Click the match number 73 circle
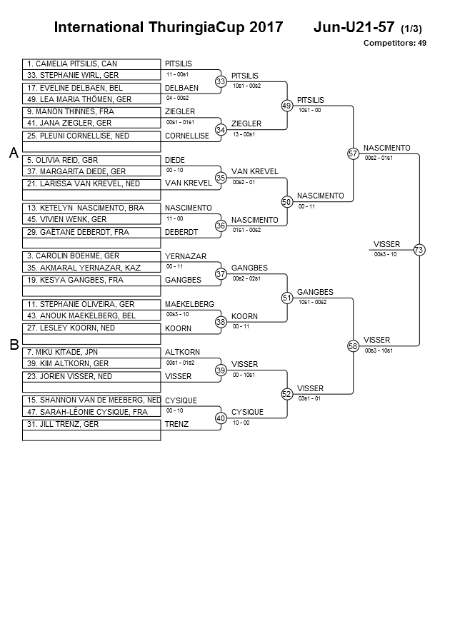pyautogui.click(x=419, y=250)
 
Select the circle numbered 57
pyautogui.click(x=353, y=153)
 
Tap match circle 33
pyautogui.click(x=221, y=81)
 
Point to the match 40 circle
pyautogui.click(x=221, y=418)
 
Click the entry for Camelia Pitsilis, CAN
pyautogui.click(x=72, y=64)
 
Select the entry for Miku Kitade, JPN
pyautogui.click(x=62, y=352)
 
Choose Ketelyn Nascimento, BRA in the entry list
pyautogui.click(x=86, y=208)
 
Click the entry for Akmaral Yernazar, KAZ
pyautogui.click(x=84, y=268)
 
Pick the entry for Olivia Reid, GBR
pyautogui.click(x=62, y=160)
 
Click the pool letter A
pyautogui.click(x=14, y=153)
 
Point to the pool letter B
pyautogui.click(x=14, y=345)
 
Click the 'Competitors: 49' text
pyautogui.click(x=395, y=43)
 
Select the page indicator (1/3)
pyautogui.click(x=411, y=29)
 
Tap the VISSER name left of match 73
pyautogui.click(x=386, y=244)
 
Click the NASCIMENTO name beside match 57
pyautogui.click(x=387, y=148)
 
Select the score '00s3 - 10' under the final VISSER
pyautogui.click(x=386, y=254)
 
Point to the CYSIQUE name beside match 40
pyautogui.click(x=248, y=412)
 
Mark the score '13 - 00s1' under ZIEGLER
pyautogui.click(x=244, y=134)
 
